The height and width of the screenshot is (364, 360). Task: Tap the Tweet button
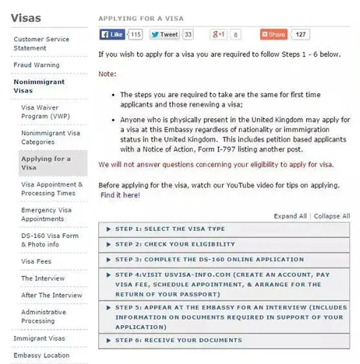click(x=164, y=35)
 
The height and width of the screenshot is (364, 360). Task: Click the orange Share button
click(x=274, y=35)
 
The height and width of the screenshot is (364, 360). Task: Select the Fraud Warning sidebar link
click(x=37, y=65)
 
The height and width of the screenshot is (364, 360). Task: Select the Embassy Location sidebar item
click(x=41, y=355)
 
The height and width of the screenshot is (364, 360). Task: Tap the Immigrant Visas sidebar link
click(x=40, y=338)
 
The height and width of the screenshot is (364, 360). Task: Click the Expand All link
click(x=290, y=216)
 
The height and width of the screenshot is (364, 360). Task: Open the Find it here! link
click(x=121, y=195)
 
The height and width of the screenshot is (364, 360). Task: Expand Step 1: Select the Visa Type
click(x=170, y=229)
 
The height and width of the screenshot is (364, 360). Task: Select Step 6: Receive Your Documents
click(x=178, y=340)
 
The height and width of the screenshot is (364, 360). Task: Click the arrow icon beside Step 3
click(x=108, y=260)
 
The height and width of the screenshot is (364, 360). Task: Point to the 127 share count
click(x=301, y=35)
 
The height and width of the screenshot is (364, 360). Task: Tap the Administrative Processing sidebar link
click(x=44, y=317)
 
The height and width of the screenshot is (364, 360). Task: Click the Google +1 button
click(x=218, y=35)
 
